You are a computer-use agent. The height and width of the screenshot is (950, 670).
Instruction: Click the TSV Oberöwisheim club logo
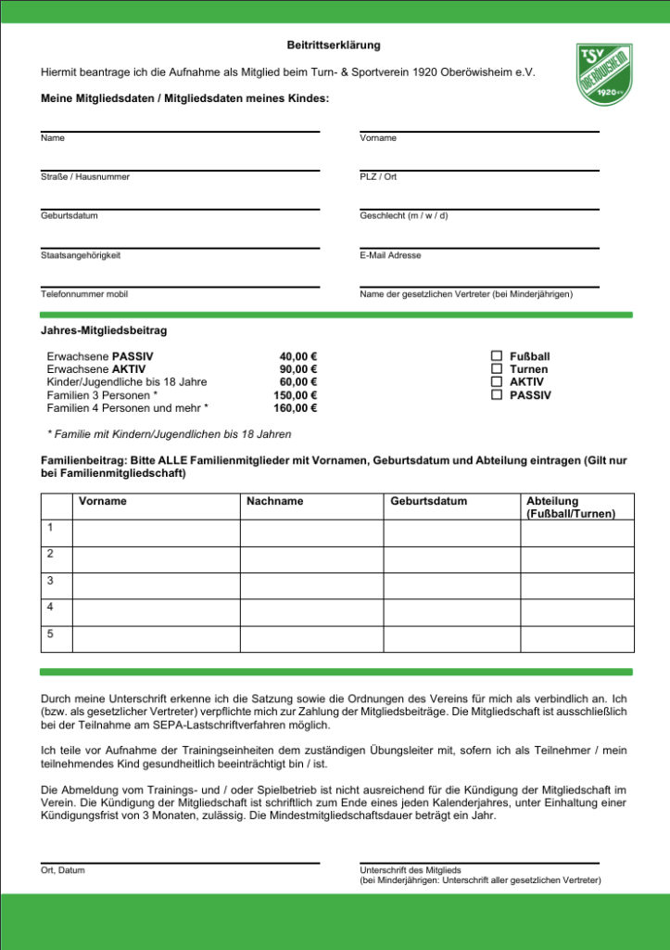click(604, 73)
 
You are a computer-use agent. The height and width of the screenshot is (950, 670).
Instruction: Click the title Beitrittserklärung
click(334, 45)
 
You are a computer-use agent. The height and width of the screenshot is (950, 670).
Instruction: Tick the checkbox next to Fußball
click(497, 355)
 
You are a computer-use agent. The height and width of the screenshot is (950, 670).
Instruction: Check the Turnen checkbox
click(497, 368)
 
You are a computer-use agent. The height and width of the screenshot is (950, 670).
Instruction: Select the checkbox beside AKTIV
click(497, 381)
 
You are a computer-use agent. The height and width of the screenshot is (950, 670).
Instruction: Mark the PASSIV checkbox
click(497, 394)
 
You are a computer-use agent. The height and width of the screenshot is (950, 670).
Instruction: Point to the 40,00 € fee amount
click(298, 355)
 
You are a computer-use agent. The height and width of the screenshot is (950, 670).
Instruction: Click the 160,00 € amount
click(296, 407)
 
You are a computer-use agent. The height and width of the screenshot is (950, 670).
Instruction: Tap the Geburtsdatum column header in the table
click(429, 501)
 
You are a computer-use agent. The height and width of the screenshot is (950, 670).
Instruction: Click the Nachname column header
click(275, 501)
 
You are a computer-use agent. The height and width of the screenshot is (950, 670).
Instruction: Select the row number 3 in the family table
click(51, 581)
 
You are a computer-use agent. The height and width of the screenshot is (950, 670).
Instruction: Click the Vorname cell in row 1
click(157, 533)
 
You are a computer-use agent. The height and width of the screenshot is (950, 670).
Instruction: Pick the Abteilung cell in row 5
click(577, 639)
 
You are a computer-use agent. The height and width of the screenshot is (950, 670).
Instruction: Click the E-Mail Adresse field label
click(390, 255)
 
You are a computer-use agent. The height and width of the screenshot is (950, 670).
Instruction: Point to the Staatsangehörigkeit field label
click(81, 255)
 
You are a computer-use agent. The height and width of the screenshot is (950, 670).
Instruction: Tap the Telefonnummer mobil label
click(84, 294)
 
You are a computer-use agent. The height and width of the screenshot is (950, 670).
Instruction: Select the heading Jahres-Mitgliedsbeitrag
click(104, 330)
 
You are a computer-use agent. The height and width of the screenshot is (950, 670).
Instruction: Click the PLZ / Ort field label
click(378, 176)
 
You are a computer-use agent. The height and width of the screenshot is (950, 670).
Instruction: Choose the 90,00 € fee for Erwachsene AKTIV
click(298, 368)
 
